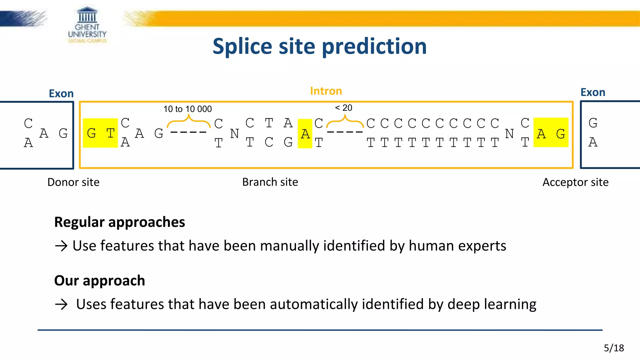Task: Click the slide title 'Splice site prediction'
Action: point(319,46)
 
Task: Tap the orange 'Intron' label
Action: point(326,91)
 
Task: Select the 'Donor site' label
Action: point(73,182)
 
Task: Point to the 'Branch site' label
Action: point(270,182)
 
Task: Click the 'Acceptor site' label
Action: point(575,182)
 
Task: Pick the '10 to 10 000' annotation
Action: point(187,109)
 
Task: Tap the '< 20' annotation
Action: point(343,108)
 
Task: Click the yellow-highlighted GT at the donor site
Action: point(100,133)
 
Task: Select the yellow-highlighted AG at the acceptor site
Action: point(551,133)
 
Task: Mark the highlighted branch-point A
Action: point(305,134)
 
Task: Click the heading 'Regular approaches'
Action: point(119,222)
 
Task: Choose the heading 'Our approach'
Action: point(99,280)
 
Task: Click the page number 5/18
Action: point(614,348)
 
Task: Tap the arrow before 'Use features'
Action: point(61,246)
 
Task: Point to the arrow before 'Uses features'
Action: point(61,304)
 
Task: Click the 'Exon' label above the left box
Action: point(61,93)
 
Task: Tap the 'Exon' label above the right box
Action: point(593,92)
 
